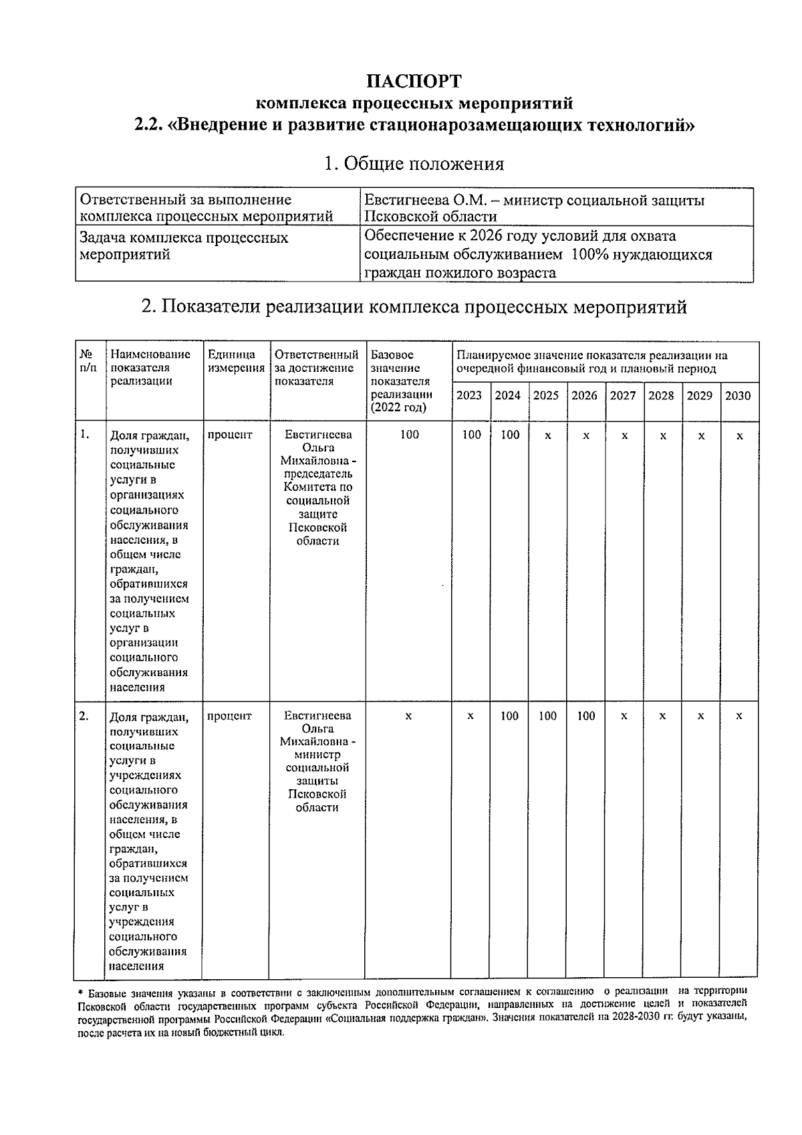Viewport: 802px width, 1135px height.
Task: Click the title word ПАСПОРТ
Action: (414, 81)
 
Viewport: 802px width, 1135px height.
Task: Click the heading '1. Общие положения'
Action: (414, 164)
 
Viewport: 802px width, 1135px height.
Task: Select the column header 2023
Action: (469, 395)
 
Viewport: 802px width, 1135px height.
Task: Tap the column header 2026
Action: (585, 395)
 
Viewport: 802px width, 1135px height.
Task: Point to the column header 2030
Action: (738, 395)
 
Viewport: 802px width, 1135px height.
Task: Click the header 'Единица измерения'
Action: (236, 361)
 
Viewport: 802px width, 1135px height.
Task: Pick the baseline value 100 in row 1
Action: (409, 435)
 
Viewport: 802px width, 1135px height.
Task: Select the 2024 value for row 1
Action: (510, 435)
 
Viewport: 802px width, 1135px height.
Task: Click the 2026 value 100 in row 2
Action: (585, 716)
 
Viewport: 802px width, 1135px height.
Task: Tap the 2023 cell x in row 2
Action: (471, 716)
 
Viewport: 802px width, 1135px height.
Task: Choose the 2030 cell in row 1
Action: (739, 435)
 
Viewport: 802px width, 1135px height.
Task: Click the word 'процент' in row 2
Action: (229, 716)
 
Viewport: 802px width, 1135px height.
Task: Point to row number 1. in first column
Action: (84, 434)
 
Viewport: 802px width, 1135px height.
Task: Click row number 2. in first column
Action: (84, 716)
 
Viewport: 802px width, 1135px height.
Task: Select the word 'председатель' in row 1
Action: (317, 474)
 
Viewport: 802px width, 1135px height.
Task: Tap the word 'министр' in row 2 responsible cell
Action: (317, 754)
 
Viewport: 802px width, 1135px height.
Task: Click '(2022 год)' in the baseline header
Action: (398, 408)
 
